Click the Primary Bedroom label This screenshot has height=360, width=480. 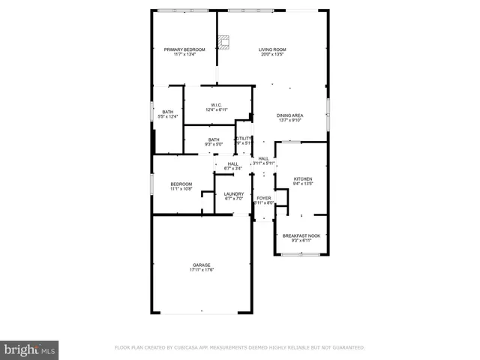pyautogui.click(x=184, y=49)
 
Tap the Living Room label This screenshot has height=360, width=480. pyautogui.click(x=272, y=49)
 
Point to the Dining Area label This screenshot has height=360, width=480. pyautogui.click(x=289, y=115)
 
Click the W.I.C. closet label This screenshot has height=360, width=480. pyautogui.click(x=215, y=105)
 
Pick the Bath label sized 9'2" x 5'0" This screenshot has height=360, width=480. pyautogui.click(x=214, y=139)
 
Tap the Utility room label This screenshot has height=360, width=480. pyautogui.click(x=243, y=139)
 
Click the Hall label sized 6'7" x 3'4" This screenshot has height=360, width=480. pyautogui.click(x=232, y=164)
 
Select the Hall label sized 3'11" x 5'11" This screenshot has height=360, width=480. pyautogui.click(x=263, y=158)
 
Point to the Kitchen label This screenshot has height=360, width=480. pyautogui.click(x=302, y=178)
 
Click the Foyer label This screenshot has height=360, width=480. pyautogui.click(x=263, y=198)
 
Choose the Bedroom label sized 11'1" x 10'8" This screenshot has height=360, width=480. pyautogui.click(x=181, y=184)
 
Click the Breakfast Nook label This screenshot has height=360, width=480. pyautogui.click(x=301, y=235)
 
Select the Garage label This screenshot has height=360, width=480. pyautogui.click(x=201, y=265)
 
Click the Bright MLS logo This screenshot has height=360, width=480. pyautogui.click(x=30, y=349)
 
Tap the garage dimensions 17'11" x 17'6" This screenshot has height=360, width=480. pyautogui.click(x=201, y=270)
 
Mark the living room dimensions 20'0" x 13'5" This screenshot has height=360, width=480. pyautogui.click(x=272, y=55)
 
